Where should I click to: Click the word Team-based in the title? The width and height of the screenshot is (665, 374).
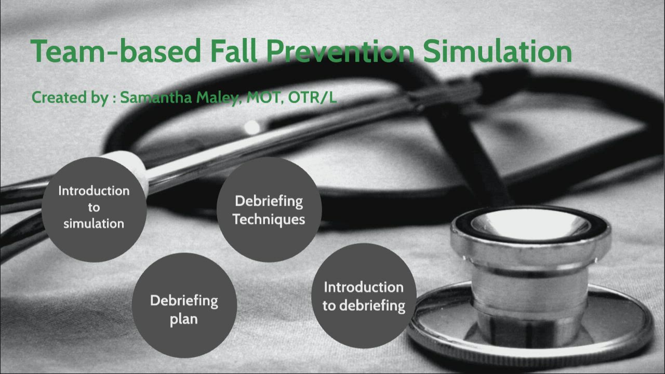(115, 52)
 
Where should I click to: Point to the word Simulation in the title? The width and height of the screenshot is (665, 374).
(497, 52)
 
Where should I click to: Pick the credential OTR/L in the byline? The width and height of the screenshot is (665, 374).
(312, 98)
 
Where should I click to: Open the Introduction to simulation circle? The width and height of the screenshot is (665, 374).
(94, 208)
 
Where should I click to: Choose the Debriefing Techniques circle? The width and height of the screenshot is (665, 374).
(269, 209)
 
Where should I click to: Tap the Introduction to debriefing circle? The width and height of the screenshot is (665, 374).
(363, 296)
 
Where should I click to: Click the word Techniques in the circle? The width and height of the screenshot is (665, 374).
(269, 219)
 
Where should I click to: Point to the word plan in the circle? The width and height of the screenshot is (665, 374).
(184, 319)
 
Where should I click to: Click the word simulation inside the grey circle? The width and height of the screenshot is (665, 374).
(94, 224)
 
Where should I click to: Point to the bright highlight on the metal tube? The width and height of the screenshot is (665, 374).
(252, 127)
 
